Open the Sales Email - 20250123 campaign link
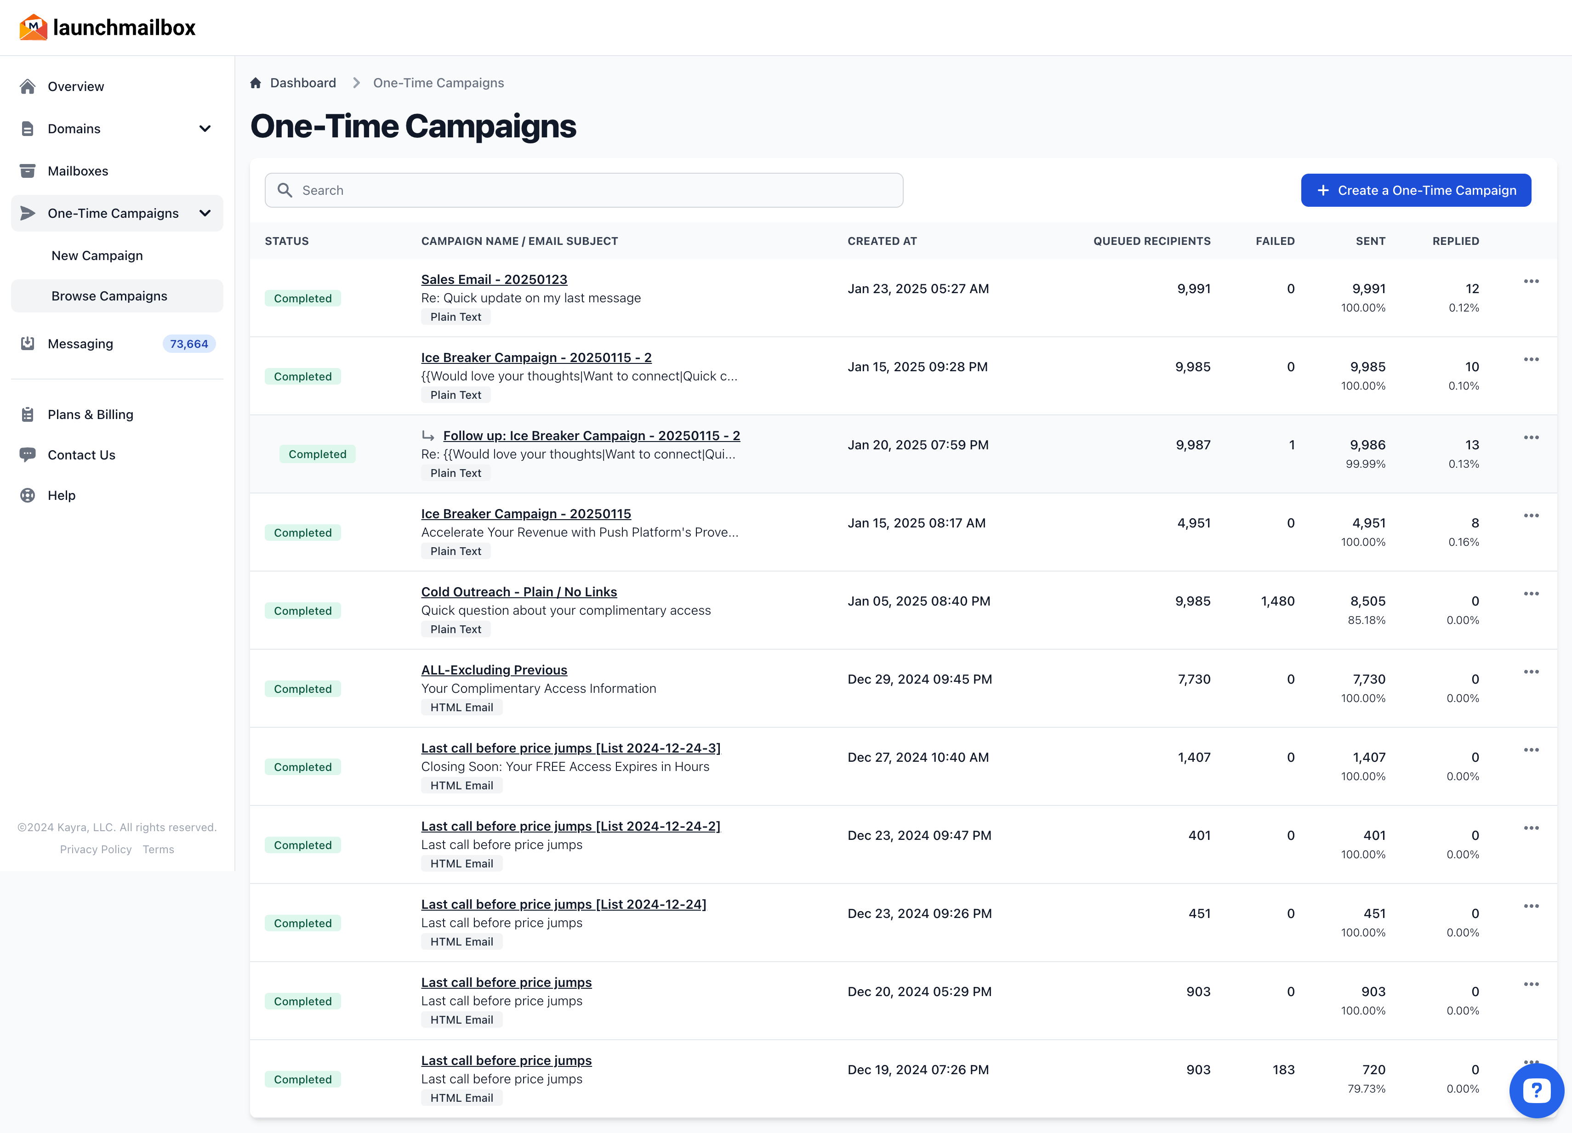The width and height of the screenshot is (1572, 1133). pyautogui.click(x=494, y=279)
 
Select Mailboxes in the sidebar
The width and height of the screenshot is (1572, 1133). pyautogui.click(x=78, y=171)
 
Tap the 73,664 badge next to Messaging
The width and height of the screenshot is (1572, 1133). pyautogui.click(x=188, y=344)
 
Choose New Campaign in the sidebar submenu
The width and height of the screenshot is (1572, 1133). pyautogui.click(x=97, y=256)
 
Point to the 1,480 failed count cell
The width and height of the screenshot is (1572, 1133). pyautogui.click(x=1277, y=601)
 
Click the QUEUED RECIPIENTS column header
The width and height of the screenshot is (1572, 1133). pyautogui.click(x=1151, y=241)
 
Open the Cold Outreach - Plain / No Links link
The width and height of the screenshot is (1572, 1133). pyautogui.click(x=518, y=592)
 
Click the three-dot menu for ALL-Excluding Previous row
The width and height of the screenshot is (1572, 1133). pyautogui.click(x=1531, y=672)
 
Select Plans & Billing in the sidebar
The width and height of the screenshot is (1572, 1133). pyautogui.click(x=90, y=414)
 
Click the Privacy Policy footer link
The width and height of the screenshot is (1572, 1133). pyautogui.click(x=96, y=850)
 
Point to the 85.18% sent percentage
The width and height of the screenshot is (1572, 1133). pyautogui.click(x=1366, y=620)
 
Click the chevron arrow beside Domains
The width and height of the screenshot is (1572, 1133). pyautogui.click(x=205, y=129)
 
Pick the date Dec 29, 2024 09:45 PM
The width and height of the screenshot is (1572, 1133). pyautogui.click(x=919, y=679)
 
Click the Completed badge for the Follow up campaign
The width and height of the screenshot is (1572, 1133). pyautogui.click(x=318, y=454)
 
